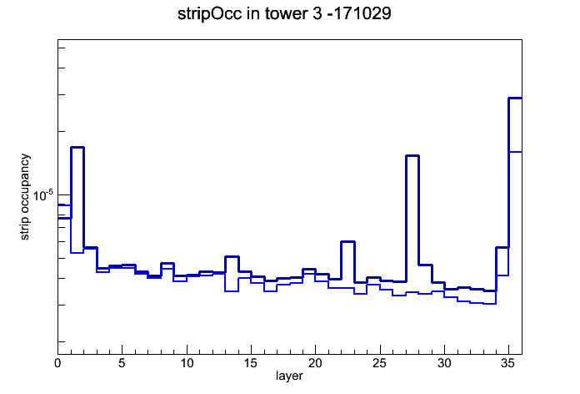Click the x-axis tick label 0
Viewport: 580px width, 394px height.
pyautogui.click(x=57, y=363)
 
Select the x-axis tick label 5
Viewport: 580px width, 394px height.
pyautogui.click(x=122, y=363)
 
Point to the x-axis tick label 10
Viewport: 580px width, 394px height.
pyautogui.click(x=187, y=363)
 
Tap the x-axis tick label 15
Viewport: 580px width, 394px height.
pyautogui.click(x=251, y=363)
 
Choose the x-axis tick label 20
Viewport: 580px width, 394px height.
pyautogui.click(x=315, y=363)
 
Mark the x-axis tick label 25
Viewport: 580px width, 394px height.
pyautogui.click(x=379, y=363)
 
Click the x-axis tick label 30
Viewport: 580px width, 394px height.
pyautogui.click(x=444, y=363)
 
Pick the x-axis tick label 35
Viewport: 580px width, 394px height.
pyautogui.click(x=508, y=363)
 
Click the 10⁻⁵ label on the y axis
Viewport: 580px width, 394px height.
pyautogui.click(x=42, y=195)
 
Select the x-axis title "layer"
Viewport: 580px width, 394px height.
pyautogui.click(x=289, y=376)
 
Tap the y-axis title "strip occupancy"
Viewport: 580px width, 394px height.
pyautogui.click(x=24, y=197)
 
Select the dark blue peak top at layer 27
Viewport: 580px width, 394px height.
pyautogui.click(x=412, y=155)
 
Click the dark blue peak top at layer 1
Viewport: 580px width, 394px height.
pyautogui.click(x=77, y=148)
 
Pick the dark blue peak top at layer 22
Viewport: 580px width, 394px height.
pyautogui.click(x=347, y=242)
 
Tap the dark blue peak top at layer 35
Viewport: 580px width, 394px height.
pyautogui.click(x=515, y=98)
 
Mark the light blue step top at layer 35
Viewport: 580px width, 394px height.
pyautogui.click(x=515, y=152)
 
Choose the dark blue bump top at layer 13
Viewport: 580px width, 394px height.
pyautogui.click(x=232, y=256)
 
